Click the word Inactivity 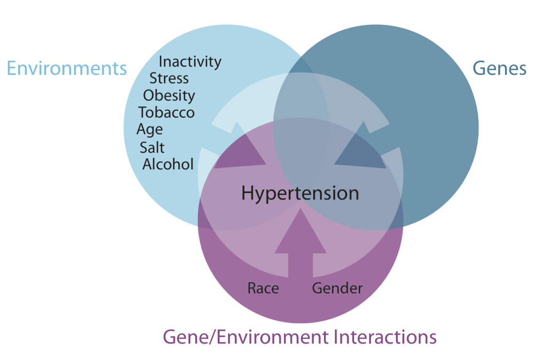(x=190, y=62)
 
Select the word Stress (x=169, y=79)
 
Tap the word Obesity (x=169, y=96)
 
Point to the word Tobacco (x=166, y=112)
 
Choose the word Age (x=150, y=130)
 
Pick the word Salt (x=152, y=147)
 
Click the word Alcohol (x=168, y=164)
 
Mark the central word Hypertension (x=300, y=193)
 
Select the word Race (x=263, y=288)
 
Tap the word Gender (x=337, y=288)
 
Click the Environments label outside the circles (x=67, y=68)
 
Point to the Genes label (x=499, y=68)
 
